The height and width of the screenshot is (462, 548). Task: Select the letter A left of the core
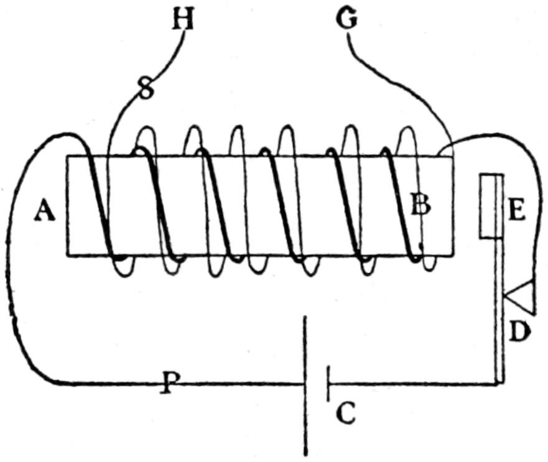45,212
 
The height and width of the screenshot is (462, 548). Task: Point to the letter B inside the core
420,204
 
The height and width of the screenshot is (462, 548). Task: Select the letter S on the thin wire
145,91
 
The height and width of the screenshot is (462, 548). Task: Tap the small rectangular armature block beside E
490,206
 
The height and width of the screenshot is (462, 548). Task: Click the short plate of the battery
328,383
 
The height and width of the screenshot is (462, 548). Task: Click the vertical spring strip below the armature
499,311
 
